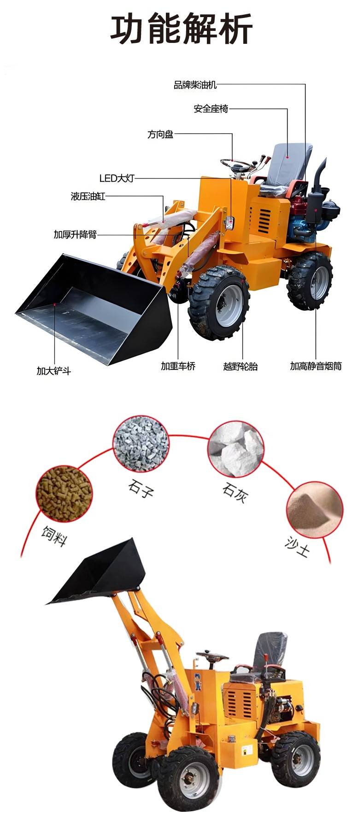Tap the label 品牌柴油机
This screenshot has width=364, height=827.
click(x=195, y=85)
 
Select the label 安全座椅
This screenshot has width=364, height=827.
click(x=211, y=109)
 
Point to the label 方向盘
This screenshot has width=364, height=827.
click(x=160, y=134)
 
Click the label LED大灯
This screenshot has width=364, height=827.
click(x=117, y=178)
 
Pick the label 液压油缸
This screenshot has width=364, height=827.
click(x=88, y=196)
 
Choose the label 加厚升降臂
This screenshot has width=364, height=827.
click(x=75, y=234)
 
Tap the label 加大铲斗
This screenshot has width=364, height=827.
click(x=54, y=370)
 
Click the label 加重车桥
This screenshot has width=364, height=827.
click(x=178, y=366)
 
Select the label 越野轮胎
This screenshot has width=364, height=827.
click(x=241, y=367)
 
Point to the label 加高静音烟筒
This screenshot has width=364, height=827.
click(x=316, y=366)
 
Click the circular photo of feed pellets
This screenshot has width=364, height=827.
click(x=64, y=493)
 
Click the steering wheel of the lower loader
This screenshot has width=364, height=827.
click(x=212, y=654)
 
